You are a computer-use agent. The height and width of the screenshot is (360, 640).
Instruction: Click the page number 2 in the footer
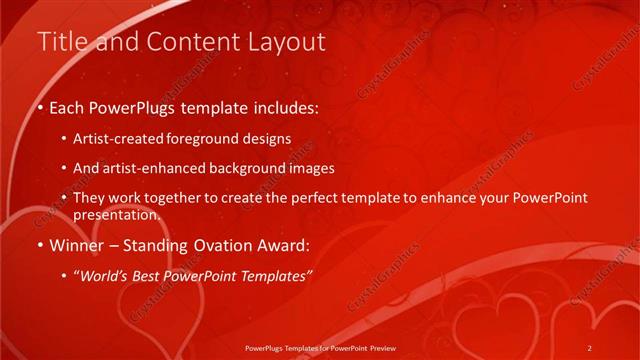pyautogui.click(x=590, y=347)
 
